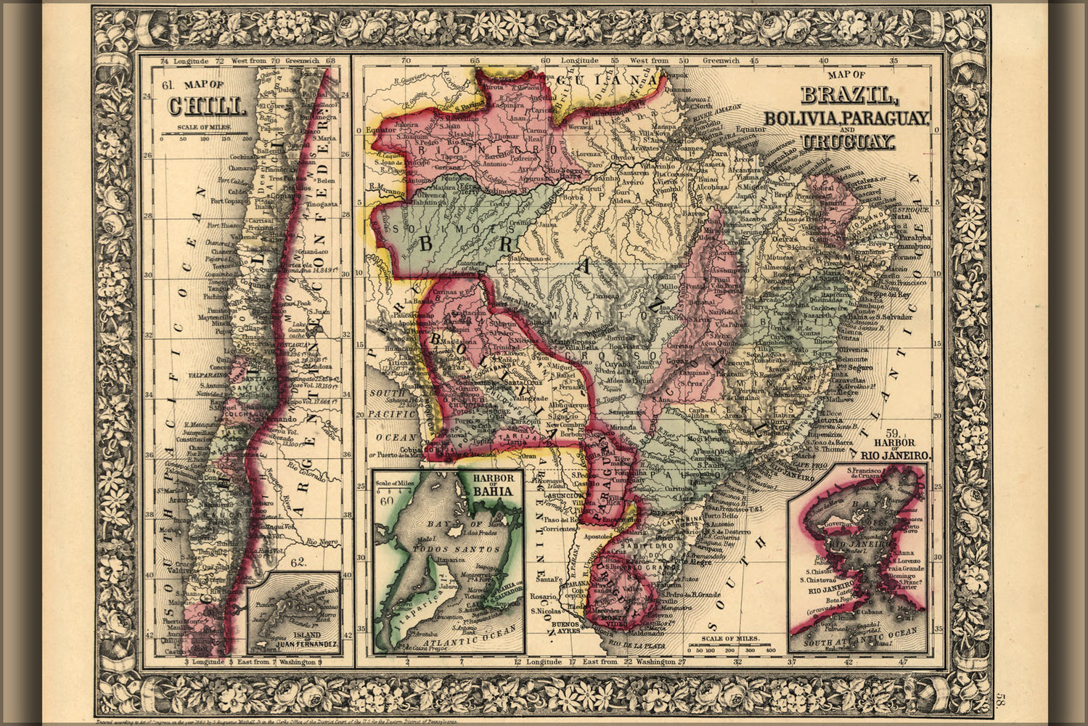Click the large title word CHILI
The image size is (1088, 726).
click(x=205, y=107)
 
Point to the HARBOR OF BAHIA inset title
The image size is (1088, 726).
click(x=492, y=484)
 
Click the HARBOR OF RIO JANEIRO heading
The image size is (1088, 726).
click(x=896, y=449)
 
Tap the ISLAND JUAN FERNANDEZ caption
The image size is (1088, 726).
click(x=295, y=640)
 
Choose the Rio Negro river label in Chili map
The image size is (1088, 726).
click(x=320, y=542)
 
